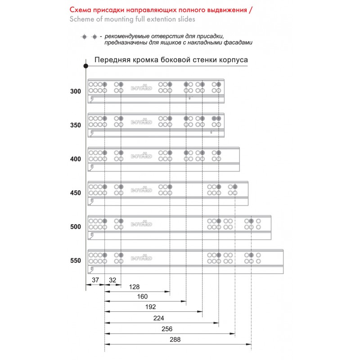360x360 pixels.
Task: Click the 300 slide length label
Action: click(x=76, y=91)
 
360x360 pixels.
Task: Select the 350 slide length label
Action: click(x=76, y=125)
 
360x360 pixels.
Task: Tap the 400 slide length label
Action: click(x=76, y=159)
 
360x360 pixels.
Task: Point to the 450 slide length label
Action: click(x=76, y=193)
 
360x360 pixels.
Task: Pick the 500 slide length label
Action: click(x=76, y=226)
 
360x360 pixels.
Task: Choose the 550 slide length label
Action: click(x=76, y=260)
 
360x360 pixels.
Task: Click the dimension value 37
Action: click(x=95, y=280)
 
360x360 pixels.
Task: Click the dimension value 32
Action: click(x=112, y=280)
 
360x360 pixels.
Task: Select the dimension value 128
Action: click(x=134, y=287)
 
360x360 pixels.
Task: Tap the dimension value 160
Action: click(x=142, y=297)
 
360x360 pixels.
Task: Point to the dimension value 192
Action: click(x=150, y=307)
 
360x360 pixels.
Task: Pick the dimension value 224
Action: click(x=158, y=318)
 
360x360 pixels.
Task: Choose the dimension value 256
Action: click(x=167, y=328)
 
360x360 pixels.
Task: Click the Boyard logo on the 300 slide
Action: click(x=141, y=88)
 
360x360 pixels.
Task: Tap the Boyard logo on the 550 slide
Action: click(x=141, y=258)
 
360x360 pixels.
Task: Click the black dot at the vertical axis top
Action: click(x=85, y=66)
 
